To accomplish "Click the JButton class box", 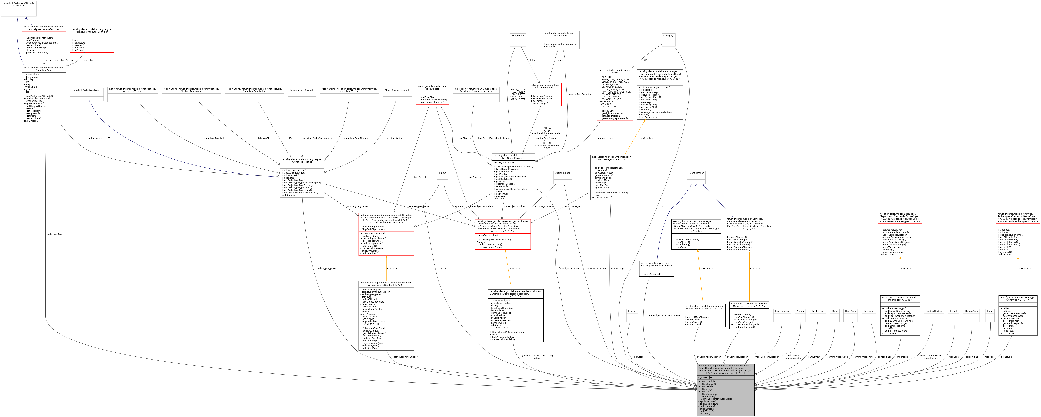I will [x=632, y=315].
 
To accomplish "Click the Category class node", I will [x=668, y=40].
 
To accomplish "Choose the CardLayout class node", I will [x=817, y=315].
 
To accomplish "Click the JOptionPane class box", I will [x=971, y=315].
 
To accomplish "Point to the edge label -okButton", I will [x=638, y=357].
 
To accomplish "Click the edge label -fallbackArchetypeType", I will [x=100, y=138].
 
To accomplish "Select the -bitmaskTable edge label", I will [x=265, y=138].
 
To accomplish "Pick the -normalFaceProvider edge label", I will [x=579, y=94].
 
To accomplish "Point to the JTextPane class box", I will [x=850, y=315].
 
